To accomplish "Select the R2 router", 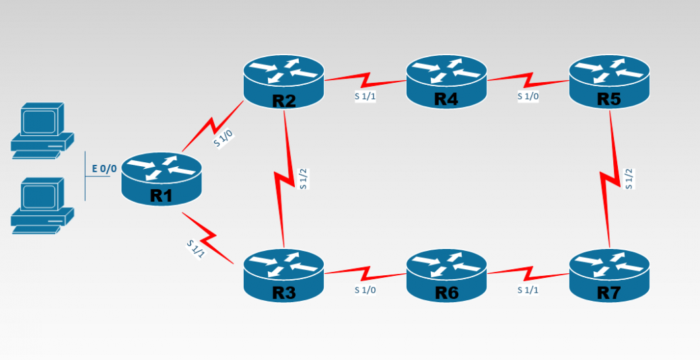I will pos(284,81).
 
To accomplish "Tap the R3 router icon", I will pos(284,273).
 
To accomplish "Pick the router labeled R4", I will pos(446,81).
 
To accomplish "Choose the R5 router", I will pos(609,81).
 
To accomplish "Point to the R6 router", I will pos(446,273).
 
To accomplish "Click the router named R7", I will pos(609,273).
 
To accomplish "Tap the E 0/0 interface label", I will pos(104,169).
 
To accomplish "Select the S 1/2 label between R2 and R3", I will pos(304,178).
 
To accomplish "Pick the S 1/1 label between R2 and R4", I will pos(365,96).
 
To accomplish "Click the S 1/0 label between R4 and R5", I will pos(528,96).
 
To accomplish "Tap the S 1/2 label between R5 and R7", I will pos(629,178).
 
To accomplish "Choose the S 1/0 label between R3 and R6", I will pos(365,291).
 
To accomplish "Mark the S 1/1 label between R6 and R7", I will pos(528,291).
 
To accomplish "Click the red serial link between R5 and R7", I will pos(610,178).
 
